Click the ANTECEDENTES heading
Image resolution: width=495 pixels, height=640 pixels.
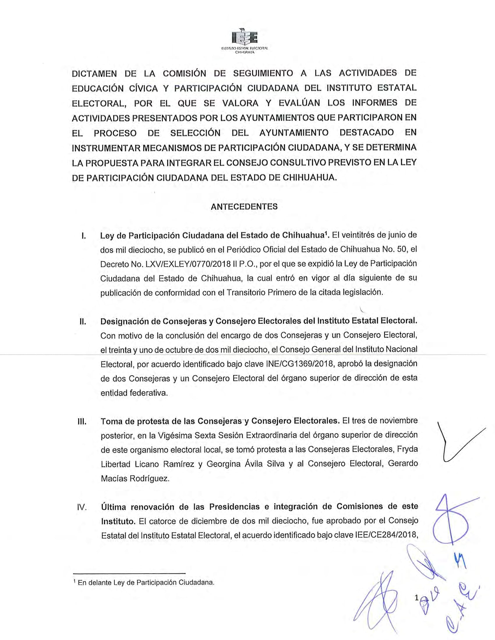click(244, 207)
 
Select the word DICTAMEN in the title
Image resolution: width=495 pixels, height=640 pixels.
click(94, 74)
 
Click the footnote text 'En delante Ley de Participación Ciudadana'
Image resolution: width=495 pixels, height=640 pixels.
click(146, 583)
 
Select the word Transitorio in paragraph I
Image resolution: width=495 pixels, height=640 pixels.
click(246, 293)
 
